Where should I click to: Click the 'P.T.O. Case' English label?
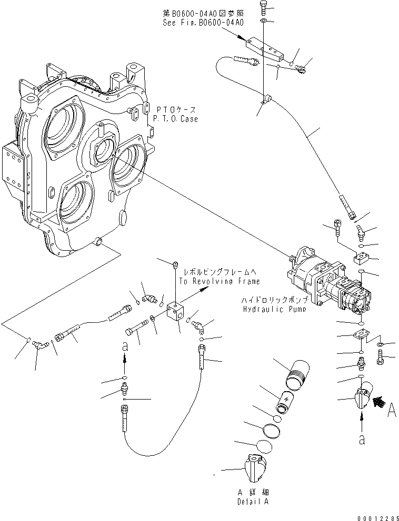click(176, 119)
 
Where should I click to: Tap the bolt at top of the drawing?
click(263, 7)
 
